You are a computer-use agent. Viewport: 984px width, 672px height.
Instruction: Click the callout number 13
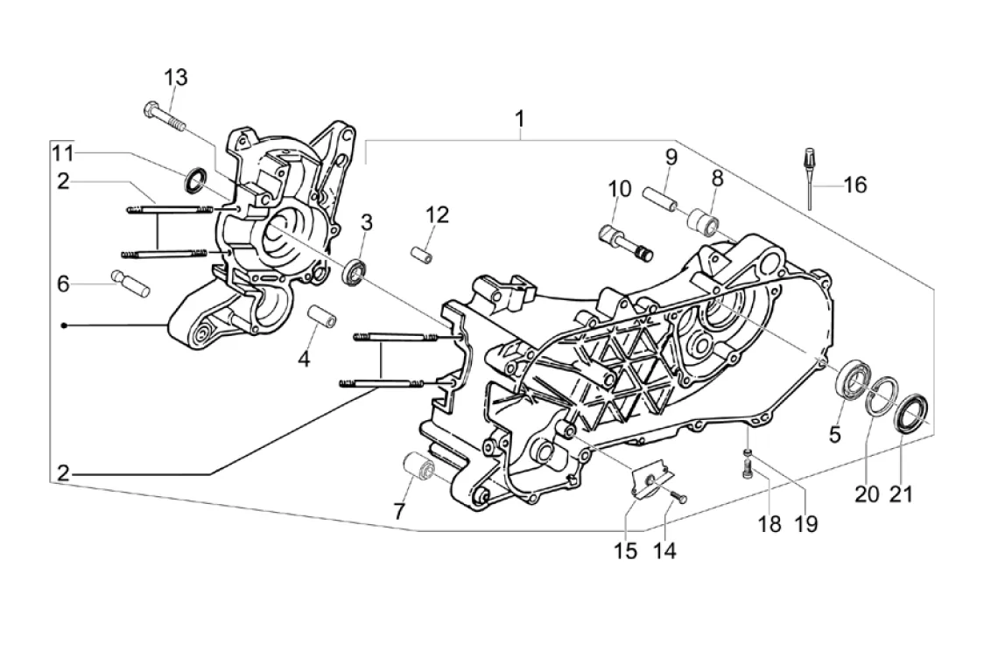click(176, 78)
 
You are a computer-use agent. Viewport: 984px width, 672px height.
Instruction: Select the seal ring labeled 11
click(194, 179)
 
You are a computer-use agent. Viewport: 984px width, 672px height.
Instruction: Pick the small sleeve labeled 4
click(321, 316)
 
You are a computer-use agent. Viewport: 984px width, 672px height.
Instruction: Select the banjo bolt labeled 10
click(624, 243)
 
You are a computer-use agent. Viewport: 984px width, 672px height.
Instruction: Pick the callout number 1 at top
click(520, 119)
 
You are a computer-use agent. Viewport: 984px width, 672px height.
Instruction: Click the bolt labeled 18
click(747, 470)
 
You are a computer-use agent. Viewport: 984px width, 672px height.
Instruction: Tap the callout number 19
click(806, 524)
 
